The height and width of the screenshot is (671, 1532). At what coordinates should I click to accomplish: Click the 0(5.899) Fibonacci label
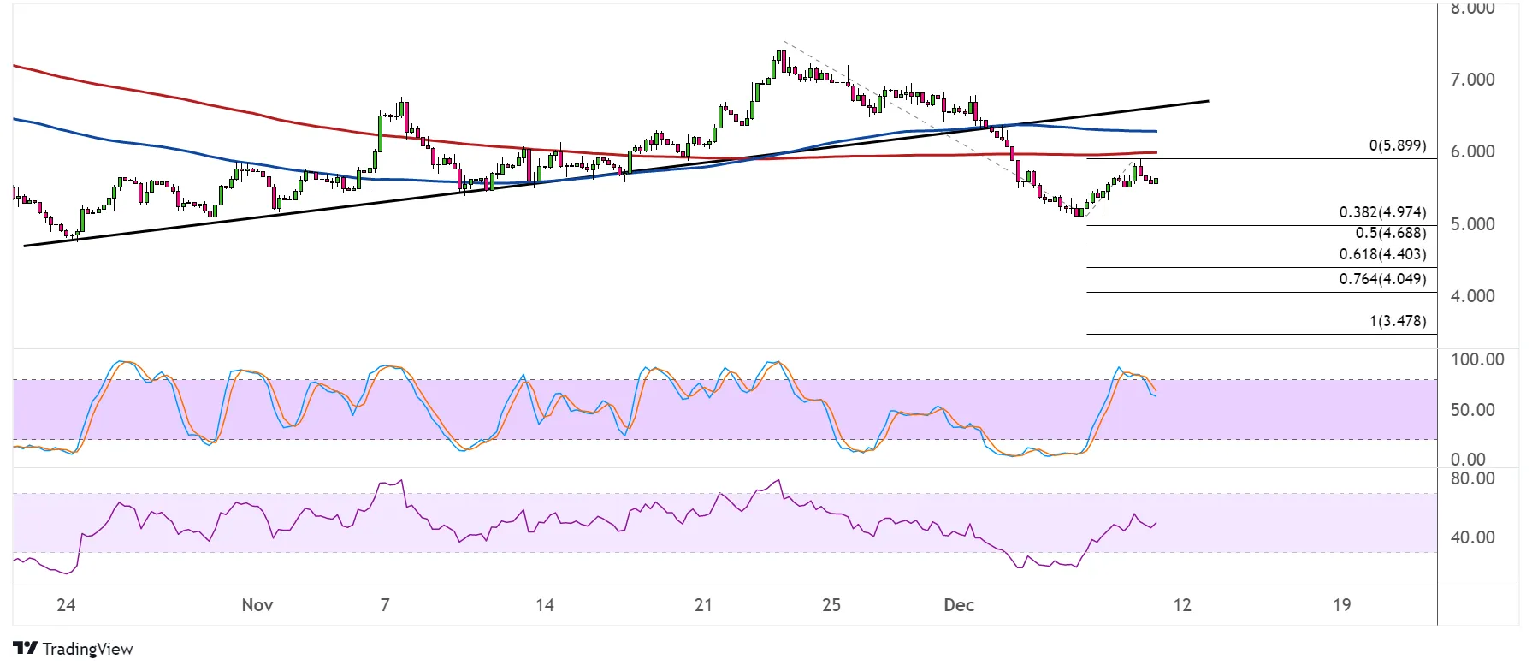[1397, 145]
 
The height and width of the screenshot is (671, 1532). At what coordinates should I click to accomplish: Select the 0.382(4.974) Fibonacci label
[1382, 212]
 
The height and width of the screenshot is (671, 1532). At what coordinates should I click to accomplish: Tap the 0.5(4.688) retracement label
[1390, 233]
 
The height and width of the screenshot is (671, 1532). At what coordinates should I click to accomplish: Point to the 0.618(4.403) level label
[1382, 254]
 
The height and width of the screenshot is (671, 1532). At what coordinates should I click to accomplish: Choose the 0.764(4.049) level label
[1382, 279]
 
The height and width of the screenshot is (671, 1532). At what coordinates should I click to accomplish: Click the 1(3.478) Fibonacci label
[1397, 321]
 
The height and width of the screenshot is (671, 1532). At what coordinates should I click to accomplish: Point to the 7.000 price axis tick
[1472, 80]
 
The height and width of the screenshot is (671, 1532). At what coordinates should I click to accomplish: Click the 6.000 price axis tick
[1472, 151]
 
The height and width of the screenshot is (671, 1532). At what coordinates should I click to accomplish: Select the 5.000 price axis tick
[1472, 224]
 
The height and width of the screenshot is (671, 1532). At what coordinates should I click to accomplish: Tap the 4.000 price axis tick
[1472, 296]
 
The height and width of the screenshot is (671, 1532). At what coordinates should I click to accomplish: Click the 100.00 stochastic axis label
[1476, 359]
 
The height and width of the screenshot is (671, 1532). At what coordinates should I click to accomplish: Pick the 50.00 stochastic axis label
[1472, 410]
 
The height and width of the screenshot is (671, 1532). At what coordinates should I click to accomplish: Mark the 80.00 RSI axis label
[1472, 478]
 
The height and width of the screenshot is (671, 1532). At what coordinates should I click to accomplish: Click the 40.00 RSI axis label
[1472, 537]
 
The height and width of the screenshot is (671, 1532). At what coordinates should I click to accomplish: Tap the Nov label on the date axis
[257, 605]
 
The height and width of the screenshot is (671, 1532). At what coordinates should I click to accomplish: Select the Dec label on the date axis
[959, 605]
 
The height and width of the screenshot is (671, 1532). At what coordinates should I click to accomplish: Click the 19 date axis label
[1341, 605]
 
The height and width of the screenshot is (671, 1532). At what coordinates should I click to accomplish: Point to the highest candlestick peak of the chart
[783, 42]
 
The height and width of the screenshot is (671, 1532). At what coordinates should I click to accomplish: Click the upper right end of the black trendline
[1207, 101]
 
